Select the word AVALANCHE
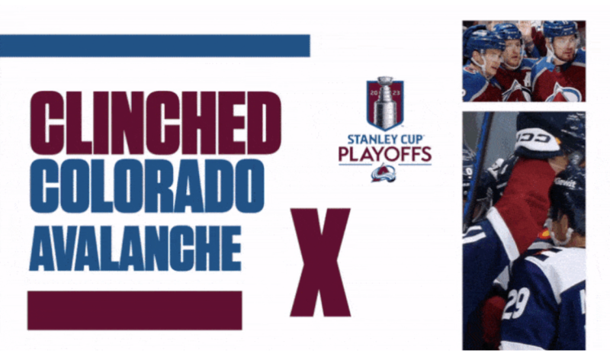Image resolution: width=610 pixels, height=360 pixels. (x=135, y=247)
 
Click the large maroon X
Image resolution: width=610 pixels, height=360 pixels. (x=319, y=262)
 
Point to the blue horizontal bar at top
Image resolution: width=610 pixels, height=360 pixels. (x=155, y=46)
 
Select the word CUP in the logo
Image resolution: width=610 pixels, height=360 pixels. (x=414, y=140)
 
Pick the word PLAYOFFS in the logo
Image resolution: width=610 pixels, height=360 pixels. (x=385, y=155)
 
